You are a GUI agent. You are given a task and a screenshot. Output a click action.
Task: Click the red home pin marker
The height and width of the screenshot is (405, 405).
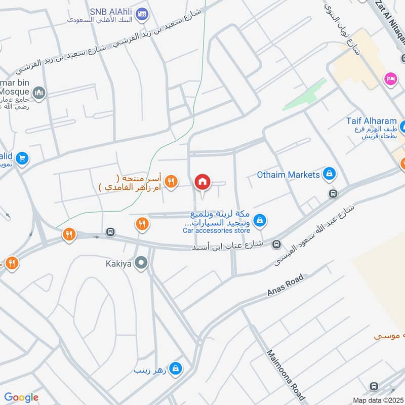point(202,182)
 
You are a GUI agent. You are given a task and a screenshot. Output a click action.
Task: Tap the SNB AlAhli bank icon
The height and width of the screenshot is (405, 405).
point(142,13)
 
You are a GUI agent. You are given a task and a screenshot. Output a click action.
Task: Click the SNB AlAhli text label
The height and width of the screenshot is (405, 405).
point(111,11)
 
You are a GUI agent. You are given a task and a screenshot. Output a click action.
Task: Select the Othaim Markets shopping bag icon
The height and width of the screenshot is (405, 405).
point(330,175)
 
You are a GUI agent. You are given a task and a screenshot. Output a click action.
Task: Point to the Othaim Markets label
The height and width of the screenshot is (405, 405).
point(289,175)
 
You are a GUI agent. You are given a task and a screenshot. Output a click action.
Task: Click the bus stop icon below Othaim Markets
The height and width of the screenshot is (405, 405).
point(333,193)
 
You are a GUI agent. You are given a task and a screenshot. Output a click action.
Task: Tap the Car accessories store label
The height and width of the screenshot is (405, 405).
point(216,231)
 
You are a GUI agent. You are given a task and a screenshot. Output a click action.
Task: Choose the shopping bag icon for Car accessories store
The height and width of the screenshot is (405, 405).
point(260,220)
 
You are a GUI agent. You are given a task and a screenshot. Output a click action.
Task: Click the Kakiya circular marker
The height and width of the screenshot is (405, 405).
point(142,263)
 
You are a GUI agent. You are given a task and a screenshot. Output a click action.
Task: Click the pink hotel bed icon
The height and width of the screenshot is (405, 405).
point(390,78)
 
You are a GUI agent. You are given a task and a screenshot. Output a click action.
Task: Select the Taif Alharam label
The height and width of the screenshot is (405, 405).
point(372,121)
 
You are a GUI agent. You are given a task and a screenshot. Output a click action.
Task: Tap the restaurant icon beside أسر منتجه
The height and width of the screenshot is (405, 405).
point(172,181)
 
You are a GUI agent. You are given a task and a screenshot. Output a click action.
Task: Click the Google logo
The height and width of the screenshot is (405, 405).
point(21,397)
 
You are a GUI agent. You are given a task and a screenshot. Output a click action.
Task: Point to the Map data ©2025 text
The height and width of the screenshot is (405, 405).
point(377,400)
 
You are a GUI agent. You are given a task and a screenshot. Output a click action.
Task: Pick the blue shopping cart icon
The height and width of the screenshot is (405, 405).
point(21,158)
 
